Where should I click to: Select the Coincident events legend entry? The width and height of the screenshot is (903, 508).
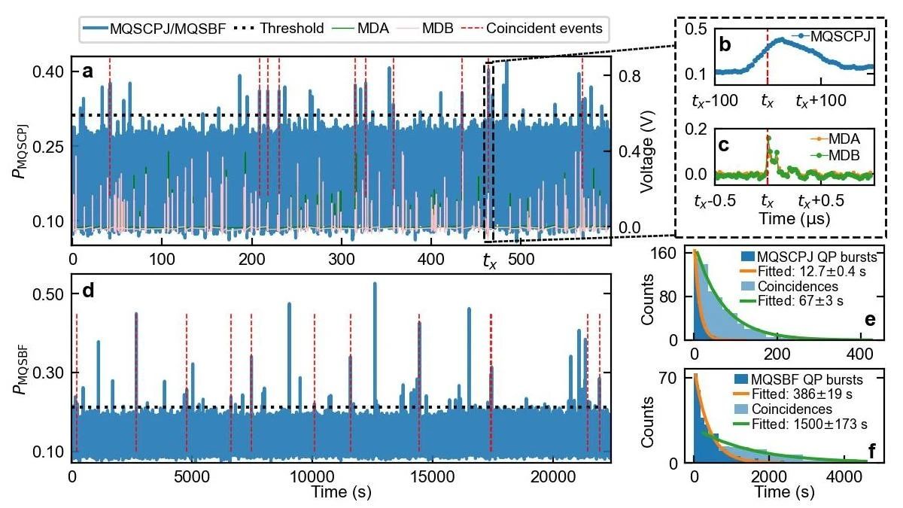pyautogui.click(x=544, y=29)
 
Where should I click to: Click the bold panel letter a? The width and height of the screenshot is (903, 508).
pyautogui.click(x=88, y=72)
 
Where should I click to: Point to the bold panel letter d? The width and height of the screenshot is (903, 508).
pyautogui.click(x=88, y=290)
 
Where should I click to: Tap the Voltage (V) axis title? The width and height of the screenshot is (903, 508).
pyautogui.click(x=646, y=151)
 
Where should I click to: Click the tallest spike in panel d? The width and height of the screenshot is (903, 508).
pyautogui.click(x=375, y=284)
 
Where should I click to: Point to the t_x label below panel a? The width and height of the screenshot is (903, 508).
pyautogui.click(x=490, y=262)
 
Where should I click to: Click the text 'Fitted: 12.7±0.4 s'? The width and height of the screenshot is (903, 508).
pyautogui.click(x=794, y=271)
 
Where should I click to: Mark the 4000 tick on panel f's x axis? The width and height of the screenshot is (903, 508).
pyautogui.click(x=853, y=476)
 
